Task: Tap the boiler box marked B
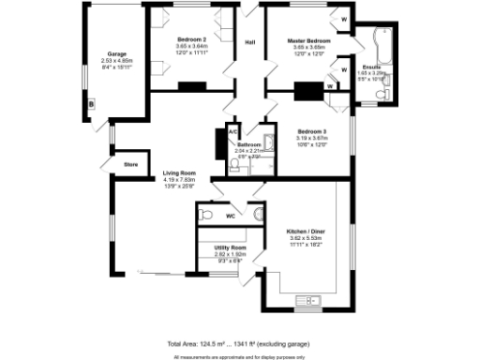click(x=91, y=104)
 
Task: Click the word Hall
click(x=250, y=43)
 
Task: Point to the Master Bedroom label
click(x=308, y=41)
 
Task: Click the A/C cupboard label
click(x=232, y=132)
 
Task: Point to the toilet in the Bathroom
click(x=233, y=166)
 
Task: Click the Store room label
click(x=130, y=165)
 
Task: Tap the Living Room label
click(x=178, y=173)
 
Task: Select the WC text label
click(x=229, y=217)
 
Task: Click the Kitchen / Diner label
click(x=306, y=231)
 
